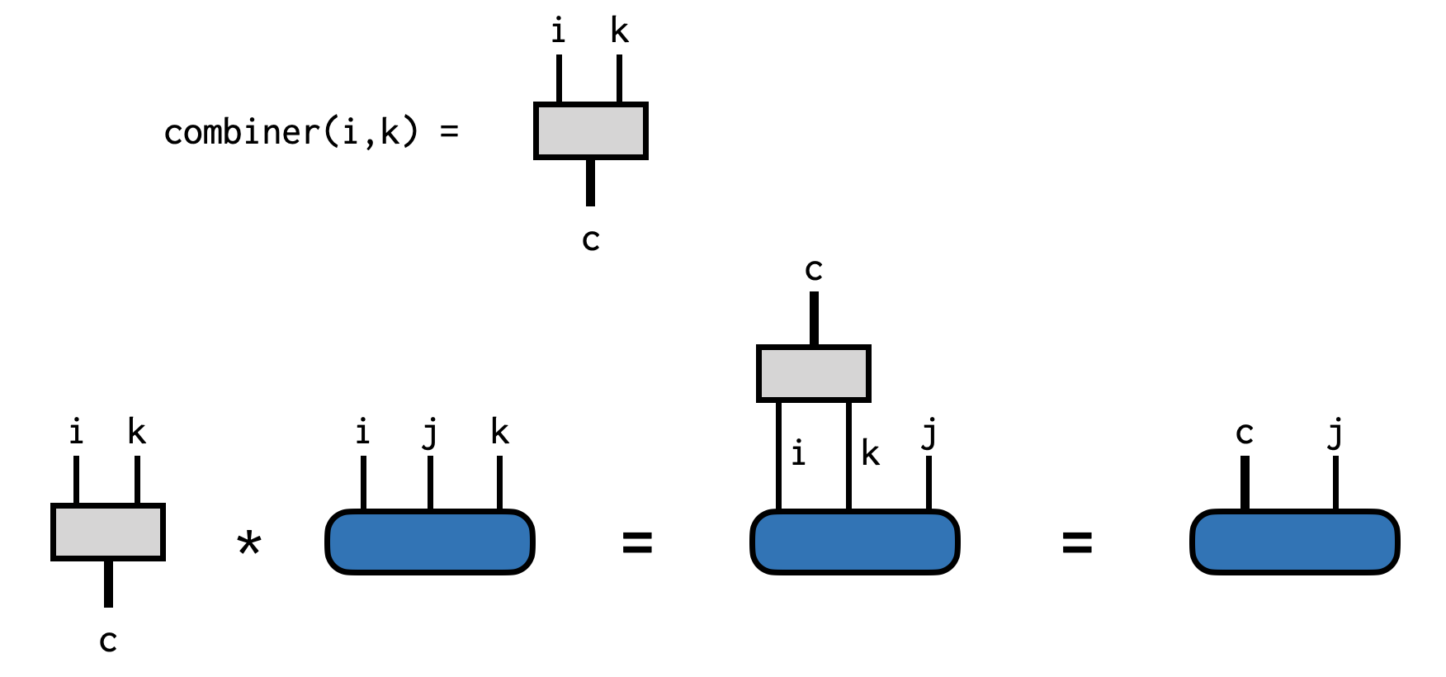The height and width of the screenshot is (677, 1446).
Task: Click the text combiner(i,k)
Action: pos(291,132)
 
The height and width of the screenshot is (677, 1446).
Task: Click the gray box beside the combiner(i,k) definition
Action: pos(590,130)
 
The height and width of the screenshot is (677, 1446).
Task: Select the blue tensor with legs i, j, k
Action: pos(430,542)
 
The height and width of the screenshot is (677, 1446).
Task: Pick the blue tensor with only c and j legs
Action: pos(1294,542)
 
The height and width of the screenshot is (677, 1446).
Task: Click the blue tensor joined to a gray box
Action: pos(854,542)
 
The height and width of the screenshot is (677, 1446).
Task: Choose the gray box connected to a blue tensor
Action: pos(813,373)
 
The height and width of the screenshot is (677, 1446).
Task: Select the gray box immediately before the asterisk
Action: pos(108,533)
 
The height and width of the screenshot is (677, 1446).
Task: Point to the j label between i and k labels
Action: pos(430,433)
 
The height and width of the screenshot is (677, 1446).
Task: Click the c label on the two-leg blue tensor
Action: pos(1245,433)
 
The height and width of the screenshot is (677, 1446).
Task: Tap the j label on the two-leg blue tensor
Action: pos(1335,433)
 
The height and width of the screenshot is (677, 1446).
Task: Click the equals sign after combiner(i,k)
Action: pos(449,131)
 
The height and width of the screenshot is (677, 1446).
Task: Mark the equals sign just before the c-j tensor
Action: pos(1077,542)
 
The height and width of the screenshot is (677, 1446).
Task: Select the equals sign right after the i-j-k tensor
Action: pos(637,542)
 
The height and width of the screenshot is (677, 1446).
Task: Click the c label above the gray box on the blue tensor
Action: pos(814,270)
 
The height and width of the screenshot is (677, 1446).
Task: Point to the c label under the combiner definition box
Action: pos(590,240)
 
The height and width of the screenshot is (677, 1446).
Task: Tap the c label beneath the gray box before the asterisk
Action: pos(108,641)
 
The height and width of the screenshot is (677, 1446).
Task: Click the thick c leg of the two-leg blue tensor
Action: pos(1245,483)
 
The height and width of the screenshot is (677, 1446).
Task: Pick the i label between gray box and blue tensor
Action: pos(798,453)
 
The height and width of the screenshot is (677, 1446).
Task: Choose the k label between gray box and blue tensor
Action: pos(870,453)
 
